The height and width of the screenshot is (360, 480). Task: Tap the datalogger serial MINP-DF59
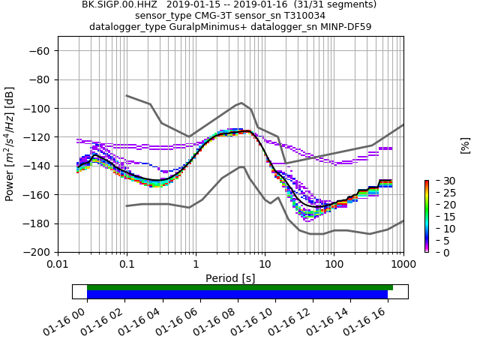click(x=346, y=27)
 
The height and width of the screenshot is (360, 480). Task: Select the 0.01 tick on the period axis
click(x=58, y=265)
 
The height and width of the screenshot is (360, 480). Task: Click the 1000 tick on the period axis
click(x=403, y=265)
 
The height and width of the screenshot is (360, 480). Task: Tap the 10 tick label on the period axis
click(x=265, y=265)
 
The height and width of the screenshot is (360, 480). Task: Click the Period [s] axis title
click(x=230, y=278)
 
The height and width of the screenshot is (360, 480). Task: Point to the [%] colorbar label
click(x=465, y=145)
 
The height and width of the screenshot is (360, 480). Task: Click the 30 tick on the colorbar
click(x=441, y=181)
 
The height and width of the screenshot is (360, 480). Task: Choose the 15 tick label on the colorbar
click(x=441, y=217)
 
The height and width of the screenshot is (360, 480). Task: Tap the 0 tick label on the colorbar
click(x=438, y=253)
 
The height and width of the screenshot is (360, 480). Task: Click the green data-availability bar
click(x=240, y=287)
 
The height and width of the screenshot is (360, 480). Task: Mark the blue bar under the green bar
click(x=237, y=295)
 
